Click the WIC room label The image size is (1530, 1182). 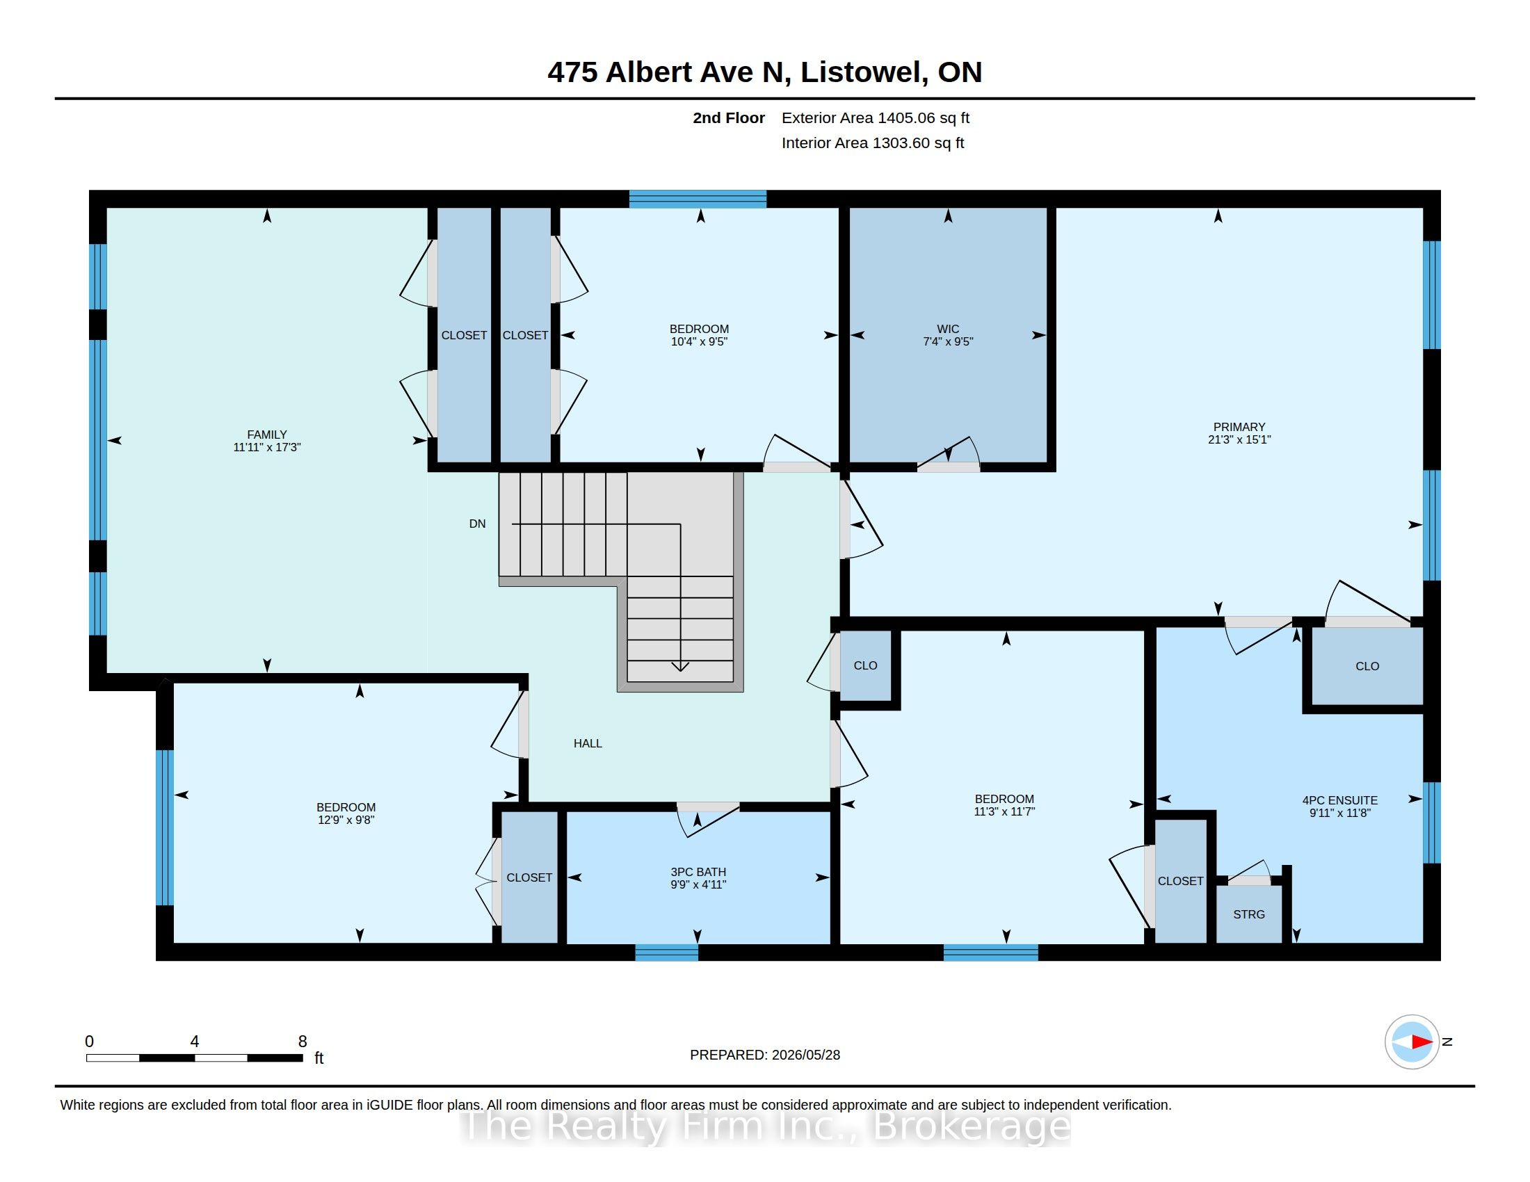tap(948, 329)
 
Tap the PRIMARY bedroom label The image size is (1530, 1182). tap(1239, 427)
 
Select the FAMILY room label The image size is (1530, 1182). tap(267, 435)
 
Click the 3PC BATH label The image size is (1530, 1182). tap(698, 872)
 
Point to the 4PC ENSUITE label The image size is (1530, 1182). tap(1340, 800)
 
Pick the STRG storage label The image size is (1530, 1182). tap(1249, 914)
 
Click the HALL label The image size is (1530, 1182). tap(588, 744)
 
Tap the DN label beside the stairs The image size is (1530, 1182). tap(477, 524)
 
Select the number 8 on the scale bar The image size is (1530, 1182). tap(303, 1042)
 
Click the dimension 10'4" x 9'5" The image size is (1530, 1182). tap(699, 341)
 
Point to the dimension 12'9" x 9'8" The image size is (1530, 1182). tap(346, 820)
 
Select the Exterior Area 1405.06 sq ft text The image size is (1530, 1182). tap(876, 118)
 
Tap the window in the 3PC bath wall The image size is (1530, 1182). tap(667, 953)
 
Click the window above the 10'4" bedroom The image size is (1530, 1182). tap(698, 199)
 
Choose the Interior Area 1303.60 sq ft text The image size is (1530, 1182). tap(873, 143)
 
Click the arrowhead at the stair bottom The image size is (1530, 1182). tap(680, 666)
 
